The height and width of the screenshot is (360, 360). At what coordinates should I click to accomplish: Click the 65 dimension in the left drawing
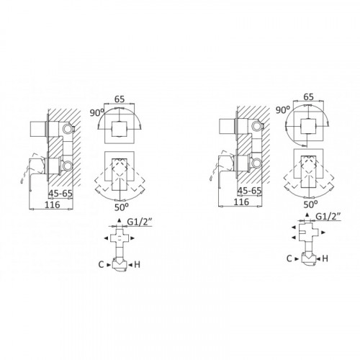[x=120, y=99]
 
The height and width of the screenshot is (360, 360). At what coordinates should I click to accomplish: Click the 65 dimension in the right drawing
[x=309, y=97]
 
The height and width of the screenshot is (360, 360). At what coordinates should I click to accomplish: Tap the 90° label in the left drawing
[x=97, y=112]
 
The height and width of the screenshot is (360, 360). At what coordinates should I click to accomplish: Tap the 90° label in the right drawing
[x=283, y=109]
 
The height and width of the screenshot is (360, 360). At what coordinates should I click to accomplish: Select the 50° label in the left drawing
[x=122, y=207]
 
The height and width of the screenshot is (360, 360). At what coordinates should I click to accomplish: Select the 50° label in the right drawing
[x=310, y=204]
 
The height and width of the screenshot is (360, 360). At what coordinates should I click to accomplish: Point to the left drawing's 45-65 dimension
[x=60, y=194]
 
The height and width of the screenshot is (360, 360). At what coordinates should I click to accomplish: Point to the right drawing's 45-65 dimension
[x=249, y=191]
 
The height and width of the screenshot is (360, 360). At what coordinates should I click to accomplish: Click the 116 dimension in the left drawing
[x=52, y=204]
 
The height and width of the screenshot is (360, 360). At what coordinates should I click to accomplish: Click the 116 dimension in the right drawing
[x=241, y=202]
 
